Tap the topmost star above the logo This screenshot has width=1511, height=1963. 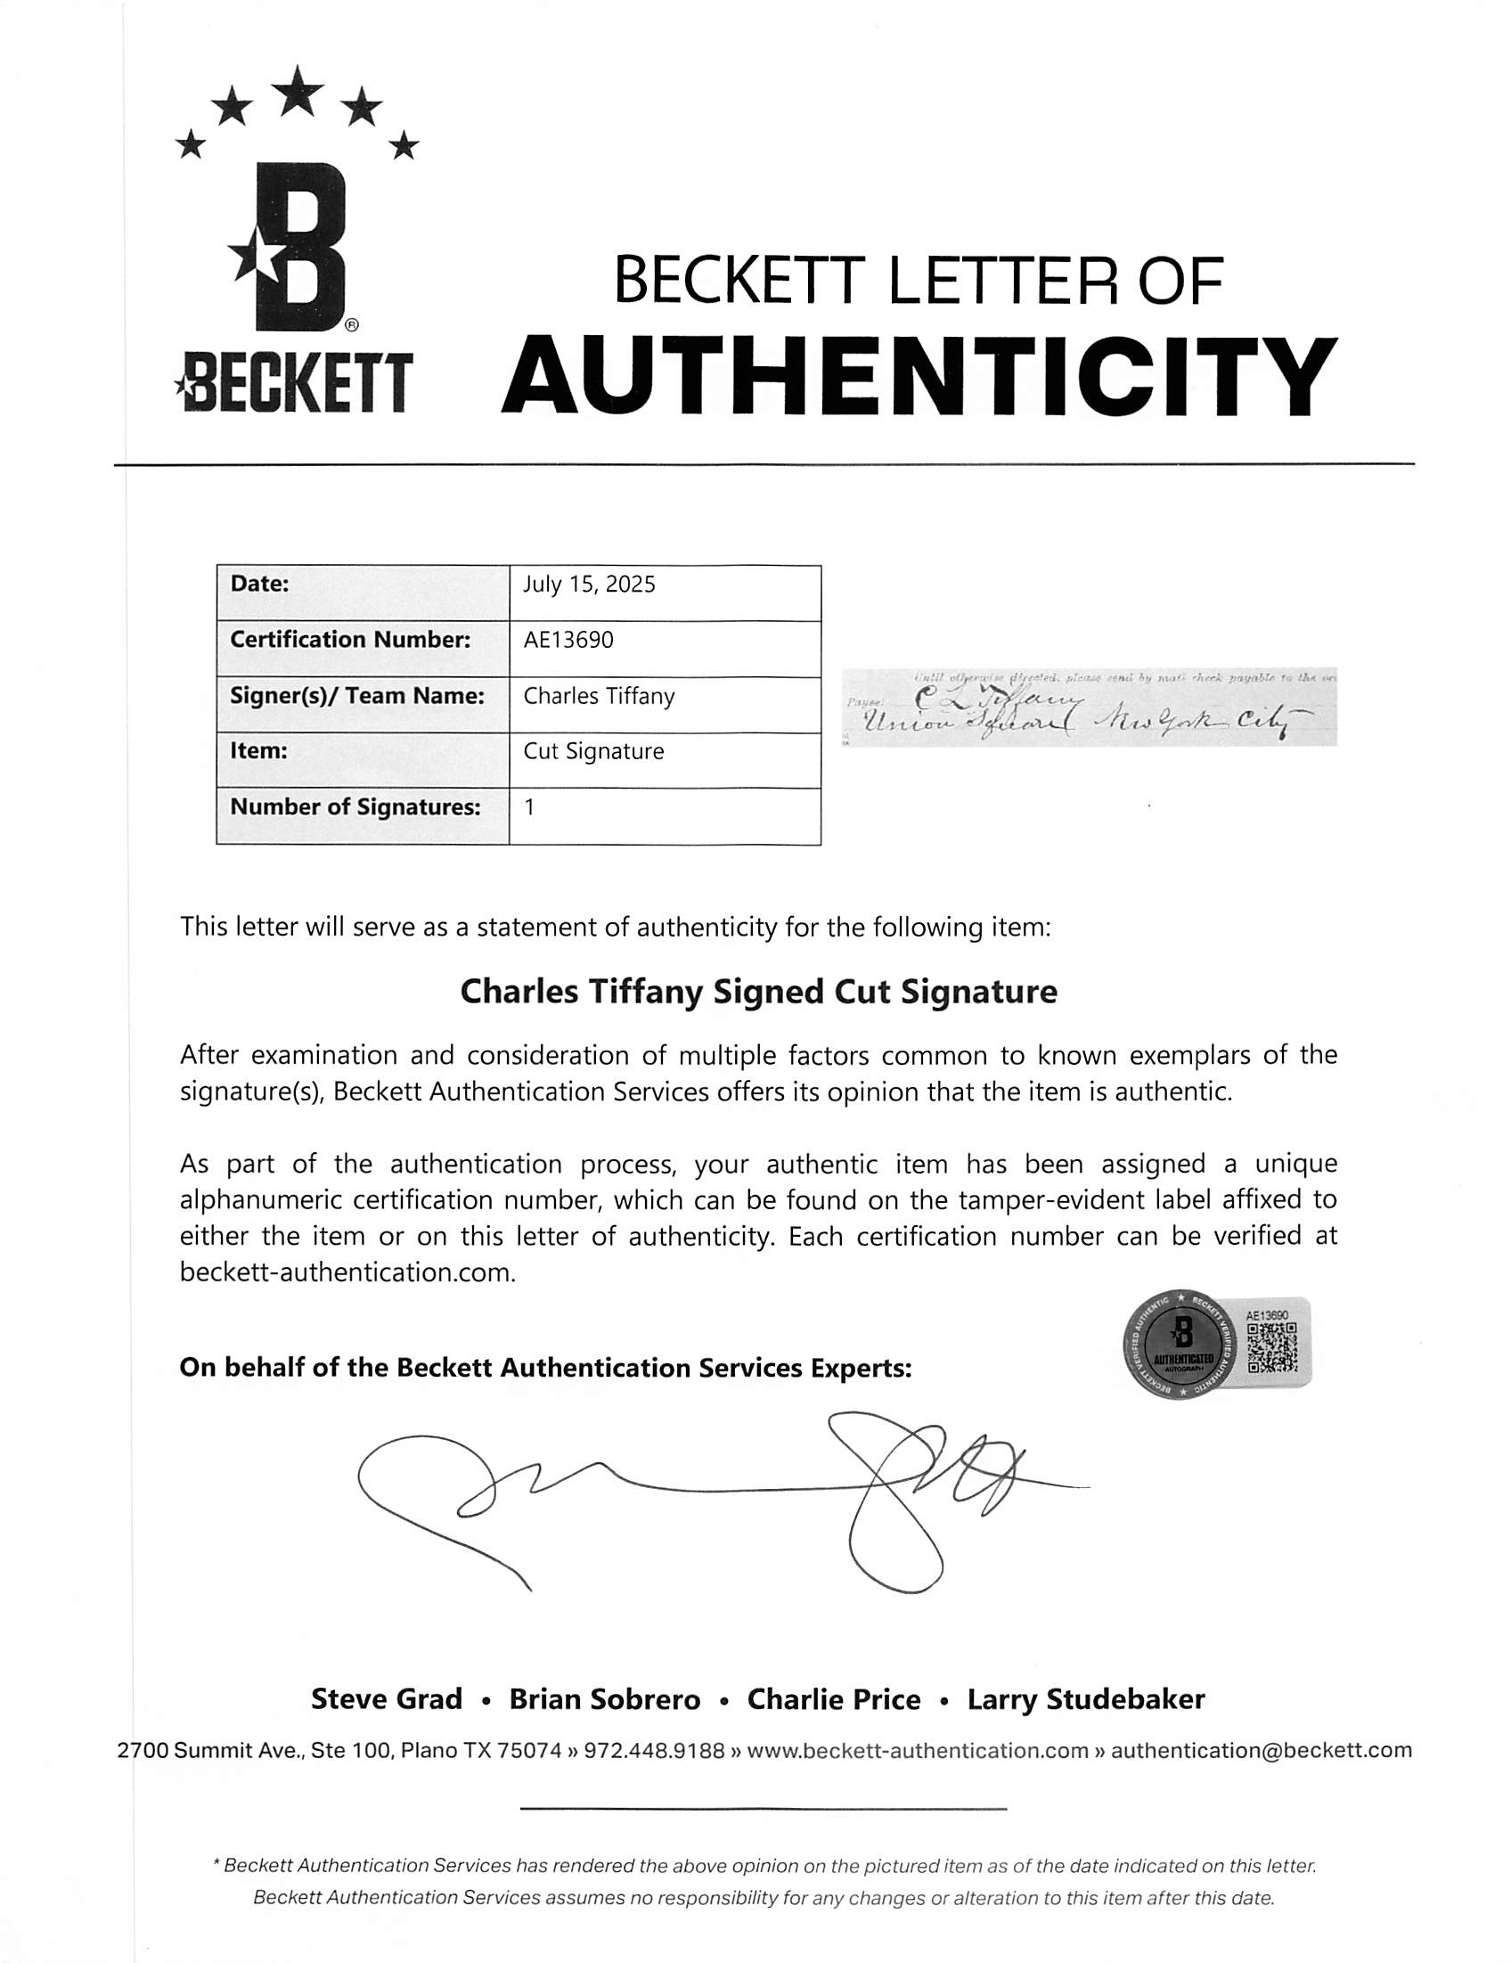[x=298, y=91]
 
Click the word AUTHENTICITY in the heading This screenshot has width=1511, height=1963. [x=918, y=376]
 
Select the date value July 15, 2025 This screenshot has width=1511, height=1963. [x=589, y=585]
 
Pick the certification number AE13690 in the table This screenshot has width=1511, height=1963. [x=568, y=640]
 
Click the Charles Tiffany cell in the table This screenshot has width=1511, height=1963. [x=599, y=697]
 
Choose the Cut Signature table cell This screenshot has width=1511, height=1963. [x=593, y=751]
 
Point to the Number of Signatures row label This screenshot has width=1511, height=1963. [x=355, y=807]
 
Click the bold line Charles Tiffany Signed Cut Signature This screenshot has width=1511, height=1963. [x=758, y=992]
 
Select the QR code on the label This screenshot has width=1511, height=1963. [x=1271, y=1347]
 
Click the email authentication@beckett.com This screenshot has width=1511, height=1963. [x=1261, y=1750]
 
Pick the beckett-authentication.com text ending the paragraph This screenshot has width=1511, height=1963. [x=347, y=1272]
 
